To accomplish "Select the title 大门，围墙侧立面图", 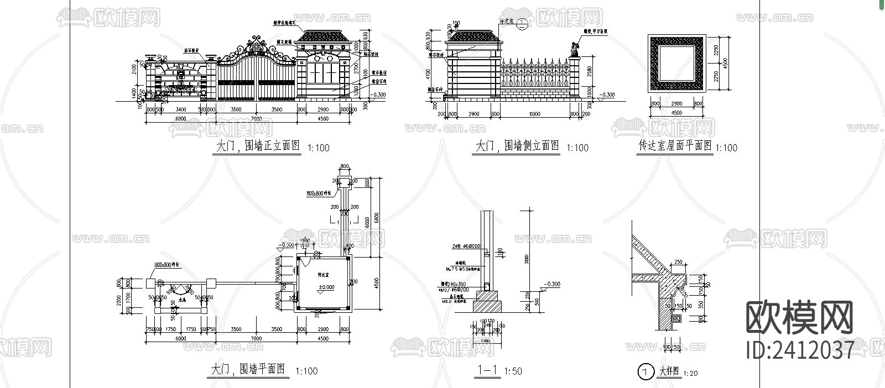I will click(517, 146).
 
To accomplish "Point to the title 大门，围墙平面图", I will click(248, 369).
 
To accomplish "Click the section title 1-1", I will click(487, 370).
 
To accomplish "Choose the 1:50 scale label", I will click(513, 371).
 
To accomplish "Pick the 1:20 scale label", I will click(690, 374).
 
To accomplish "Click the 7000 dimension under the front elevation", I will click(255, 119).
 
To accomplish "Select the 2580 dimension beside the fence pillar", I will click(590, 71).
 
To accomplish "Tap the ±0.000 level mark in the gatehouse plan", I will click(326, 287).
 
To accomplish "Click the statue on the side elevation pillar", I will click(574, 50).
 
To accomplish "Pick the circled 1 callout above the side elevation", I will click(524, 23).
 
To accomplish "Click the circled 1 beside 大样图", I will click(644, 372).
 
